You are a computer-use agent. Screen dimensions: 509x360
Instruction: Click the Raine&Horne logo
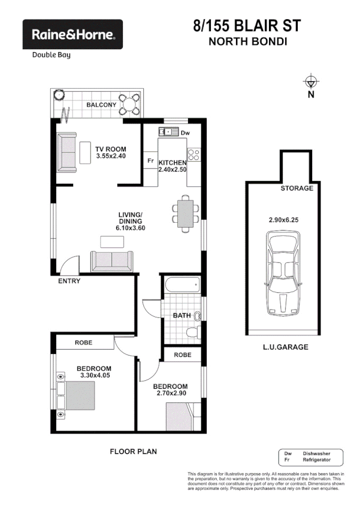(x=72, y=35)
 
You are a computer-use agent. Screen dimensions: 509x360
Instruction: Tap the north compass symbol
(x=310, y=83)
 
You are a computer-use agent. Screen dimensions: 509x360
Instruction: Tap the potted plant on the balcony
(x=58, y=95)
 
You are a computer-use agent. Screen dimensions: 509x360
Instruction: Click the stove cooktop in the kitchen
(x=194, y=157)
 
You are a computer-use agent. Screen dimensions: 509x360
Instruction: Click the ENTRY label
(x=69, y=281)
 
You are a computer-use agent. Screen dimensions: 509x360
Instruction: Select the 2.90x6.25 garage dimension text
(x=283, y=220)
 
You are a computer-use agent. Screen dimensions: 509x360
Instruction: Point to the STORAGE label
(x=297, y=188)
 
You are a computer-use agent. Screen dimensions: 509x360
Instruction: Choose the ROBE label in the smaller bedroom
(x=182, y=355)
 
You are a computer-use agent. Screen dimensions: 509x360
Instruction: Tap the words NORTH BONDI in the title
(x=246, y=42)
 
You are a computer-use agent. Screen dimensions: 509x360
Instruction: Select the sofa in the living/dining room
(x=112, y=261)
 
